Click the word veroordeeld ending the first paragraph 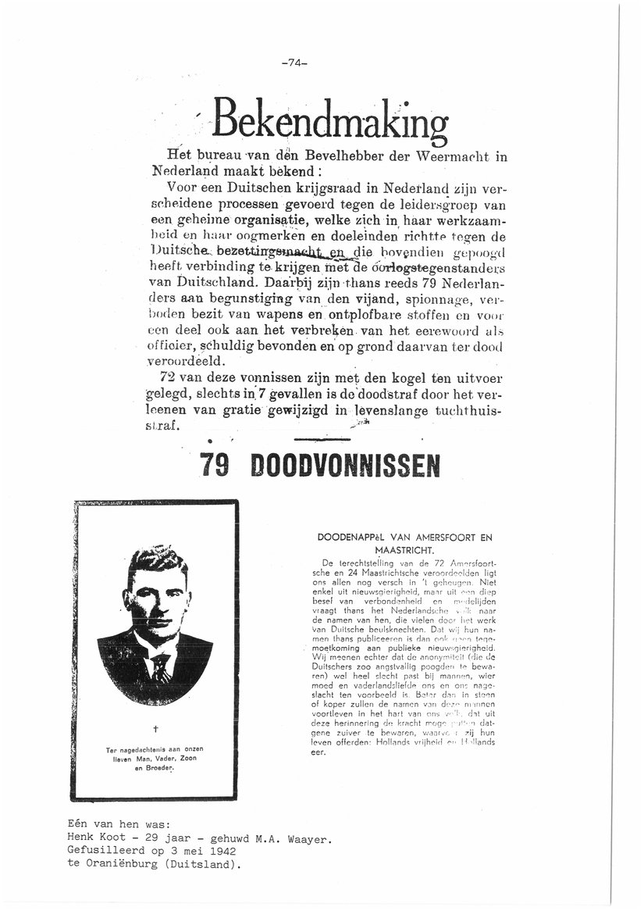pos(187,360)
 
